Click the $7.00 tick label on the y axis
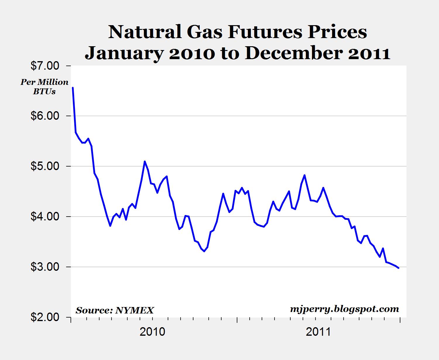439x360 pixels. click(45, 66)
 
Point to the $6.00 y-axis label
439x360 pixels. click(45, 116)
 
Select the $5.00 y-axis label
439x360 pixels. click(45, 166)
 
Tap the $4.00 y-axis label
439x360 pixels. click(45, 217)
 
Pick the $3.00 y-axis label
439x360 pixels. click(45, 267)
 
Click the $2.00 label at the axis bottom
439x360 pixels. click(45, 317)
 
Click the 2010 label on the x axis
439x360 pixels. click(152, 332)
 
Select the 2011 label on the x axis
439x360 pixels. click(318, 332)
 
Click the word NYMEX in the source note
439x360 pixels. click(135, 310)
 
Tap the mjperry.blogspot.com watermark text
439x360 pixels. click(344, 309)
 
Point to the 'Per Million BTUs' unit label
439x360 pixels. click(44, 87)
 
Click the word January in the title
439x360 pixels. click(123, 54)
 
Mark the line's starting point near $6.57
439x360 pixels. click(73, 88)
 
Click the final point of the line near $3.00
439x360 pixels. click(399, 268)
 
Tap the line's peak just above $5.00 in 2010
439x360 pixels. click(145, 161)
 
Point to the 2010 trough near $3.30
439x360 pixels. click(204, 251)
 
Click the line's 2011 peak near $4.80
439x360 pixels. click(305, 175)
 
